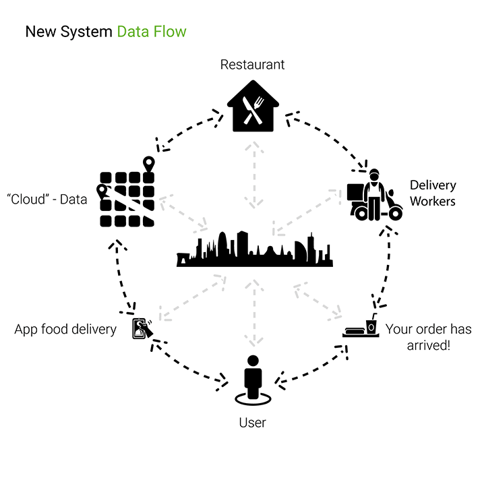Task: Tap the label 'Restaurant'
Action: [253, 65]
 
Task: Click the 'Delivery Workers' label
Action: [433, 193]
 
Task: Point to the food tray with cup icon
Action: [363, 327]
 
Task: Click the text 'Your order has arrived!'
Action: [428, 337]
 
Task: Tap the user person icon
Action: [253, 381]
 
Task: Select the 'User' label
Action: [253, 423]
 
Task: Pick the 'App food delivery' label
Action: [66, 330]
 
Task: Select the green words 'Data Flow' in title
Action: [151, 32]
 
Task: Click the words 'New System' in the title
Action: [68, 32]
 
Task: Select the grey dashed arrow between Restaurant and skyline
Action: [254, 174]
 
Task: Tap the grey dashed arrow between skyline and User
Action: [254, 313]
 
